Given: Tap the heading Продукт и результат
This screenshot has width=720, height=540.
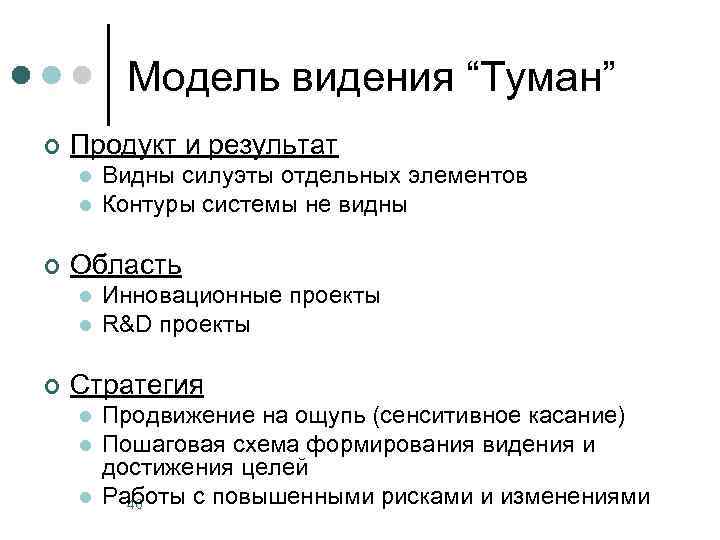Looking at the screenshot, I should [204, 146].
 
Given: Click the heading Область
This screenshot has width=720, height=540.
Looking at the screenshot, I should [126, 265].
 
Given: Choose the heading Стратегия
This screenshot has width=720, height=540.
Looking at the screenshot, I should [137, 384].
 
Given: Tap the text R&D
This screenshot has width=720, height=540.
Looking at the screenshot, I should [126, 325].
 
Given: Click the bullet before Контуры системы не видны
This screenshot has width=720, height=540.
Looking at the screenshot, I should [86, 207].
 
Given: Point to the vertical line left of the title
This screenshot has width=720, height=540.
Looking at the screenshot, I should [108, 70].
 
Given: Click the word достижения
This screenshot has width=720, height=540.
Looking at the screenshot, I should [165, 466].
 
